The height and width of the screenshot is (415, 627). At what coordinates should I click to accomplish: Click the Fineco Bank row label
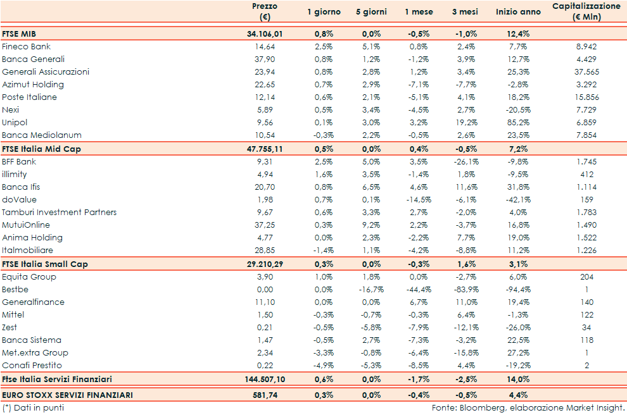pyautogui.click(x=26, y=47)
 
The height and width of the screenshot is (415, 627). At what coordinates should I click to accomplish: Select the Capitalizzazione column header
pyautogui.click(x=586, y=11)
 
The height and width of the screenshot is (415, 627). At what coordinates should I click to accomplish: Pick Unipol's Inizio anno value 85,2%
pyautogui.click(x=519, y=123)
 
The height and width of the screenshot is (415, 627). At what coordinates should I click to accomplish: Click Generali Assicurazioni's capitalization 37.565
pyautogui.click(x=586, y=72)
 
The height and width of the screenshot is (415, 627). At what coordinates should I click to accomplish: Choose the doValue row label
pyautogui.click(x=19, y=200)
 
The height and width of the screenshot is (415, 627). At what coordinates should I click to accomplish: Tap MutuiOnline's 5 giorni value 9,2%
pyautogui.click(x=371, y=225)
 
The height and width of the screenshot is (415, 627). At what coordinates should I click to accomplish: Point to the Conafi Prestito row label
pyautogui.click(x=32, y=366)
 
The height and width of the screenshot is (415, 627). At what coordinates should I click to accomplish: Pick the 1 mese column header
pyautogui.click(x=419, y=12)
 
